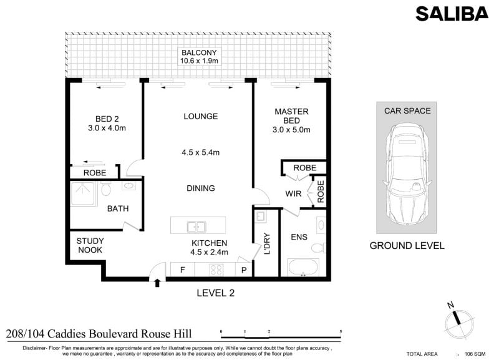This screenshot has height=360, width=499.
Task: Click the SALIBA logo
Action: point(452,14)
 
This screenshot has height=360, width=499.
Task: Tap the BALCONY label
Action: point(199,52)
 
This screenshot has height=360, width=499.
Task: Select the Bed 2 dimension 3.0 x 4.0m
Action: point(107,128)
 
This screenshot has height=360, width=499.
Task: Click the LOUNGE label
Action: point(201,117)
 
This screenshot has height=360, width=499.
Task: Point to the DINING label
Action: point(201,188)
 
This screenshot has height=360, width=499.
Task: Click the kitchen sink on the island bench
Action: point(196,227)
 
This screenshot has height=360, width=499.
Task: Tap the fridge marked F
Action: point(182,270)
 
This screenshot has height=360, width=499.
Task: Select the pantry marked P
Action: point(244,270)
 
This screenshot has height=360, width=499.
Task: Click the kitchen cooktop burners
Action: point(216,270)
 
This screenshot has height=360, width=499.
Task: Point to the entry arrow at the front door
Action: point(157,283)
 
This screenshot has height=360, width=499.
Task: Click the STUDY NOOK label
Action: point(90,245)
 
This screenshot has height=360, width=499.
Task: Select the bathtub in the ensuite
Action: point(303,267)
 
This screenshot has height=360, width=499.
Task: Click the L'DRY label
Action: point(267,243)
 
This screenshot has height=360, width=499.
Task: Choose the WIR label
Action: point(293,193)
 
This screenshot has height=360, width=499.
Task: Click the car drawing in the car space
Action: point(407,175)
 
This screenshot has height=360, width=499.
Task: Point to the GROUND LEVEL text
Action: point(407,246)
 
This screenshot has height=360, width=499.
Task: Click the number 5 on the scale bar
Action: point(341,332)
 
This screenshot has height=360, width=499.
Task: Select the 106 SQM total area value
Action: point(475,354)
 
